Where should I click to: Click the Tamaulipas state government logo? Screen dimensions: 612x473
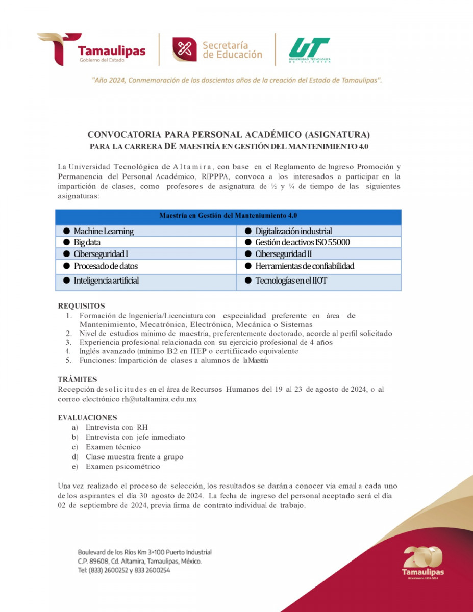91,49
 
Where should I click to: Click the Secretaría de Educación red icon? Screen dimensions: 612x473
184,49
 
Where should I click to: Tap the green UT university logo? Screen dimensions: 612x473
309,50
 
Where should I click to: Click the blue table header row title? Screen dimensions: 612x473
228,216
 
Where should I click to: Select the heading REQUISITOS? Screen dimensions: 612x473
81,306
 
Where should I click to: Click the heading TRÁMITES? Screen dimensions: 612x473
77,379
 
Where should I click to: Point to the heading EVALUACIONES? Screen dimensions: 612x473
87,417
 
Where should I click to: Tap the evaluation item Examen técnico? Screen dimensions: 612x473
113,447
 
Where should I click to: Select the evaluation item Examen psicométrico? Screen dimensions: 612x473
122,466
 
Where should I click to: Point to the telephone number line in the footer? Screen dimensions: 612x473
124,570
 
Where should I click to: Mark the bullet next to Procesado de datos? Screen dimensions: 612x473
66,266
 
